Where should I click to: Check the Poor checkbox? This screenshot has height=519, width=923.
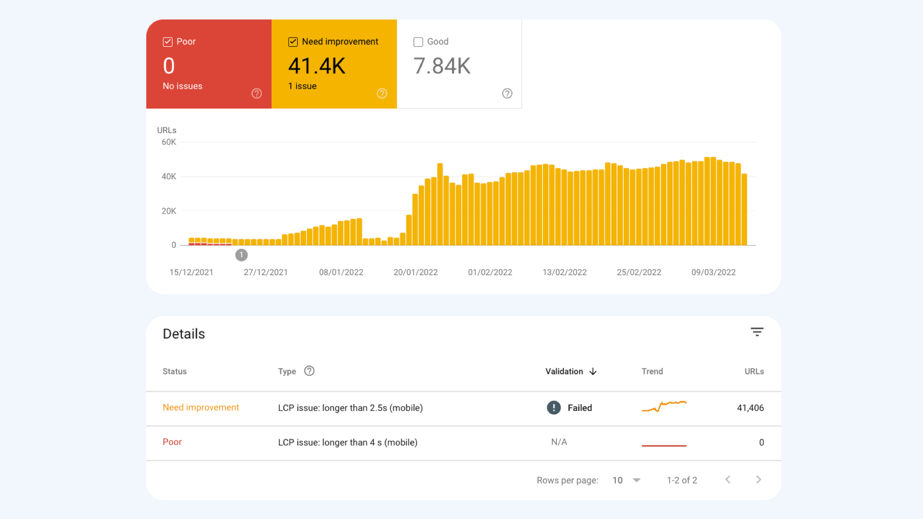[167, 42]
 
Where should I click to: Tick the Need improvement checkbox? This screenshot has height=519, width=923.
[293, 42]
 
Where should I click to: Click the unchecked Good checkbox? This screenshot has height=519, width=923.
[418, 42]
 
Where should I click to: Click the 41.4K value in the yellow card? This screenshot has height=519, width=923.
[317, 66]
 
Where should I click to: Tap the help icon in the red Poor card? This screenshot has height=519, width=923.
[257, 93]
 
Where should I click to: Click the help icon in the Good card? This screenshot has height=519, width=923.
[507, 93]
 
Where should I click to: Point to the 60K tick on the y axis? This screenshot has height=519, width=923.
[169, 142]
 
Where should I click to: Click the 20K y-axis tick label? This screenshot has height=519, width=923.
[169, 211]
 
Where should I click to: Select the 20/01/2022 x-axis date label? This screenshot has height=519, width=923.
[415, 272]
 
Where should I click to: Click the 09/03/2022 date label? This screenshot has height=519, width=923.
[713, 272]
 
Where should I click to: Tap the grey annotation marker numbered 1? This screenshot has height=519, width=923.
[241, 255]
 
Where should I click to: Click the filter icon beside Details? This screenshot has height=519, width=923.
[757, 332]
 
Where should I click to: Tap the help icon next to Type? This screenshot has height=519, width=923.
[309, 371]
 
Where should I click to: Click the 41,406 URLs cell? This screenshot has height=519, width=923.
[750, 408]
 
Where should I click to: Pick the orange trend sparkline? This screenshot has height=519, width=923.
[664, 407]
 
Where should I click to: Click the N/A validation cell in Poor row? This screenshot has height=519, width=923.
[559, 442]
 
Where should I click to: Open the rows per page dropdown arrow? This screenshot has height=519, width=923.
[636, 480]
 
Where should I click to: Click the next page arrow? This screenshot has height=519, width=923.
[759, 480]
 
